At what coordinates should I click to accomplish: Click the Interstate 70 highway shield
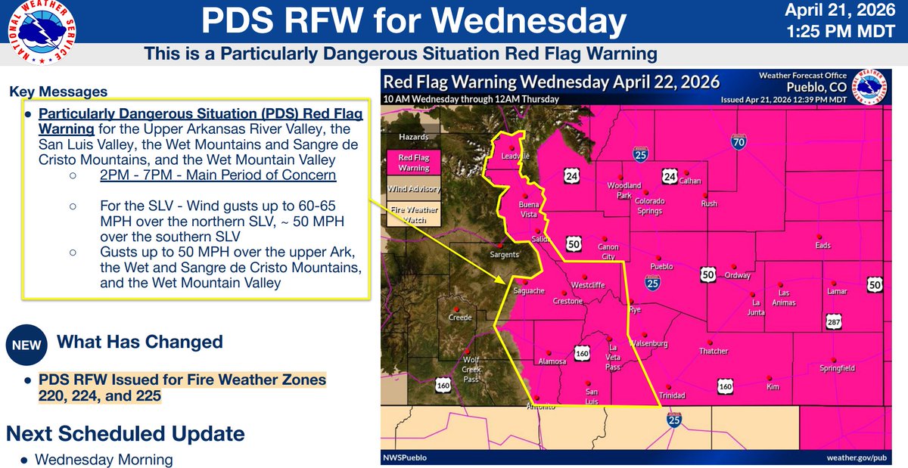pyautogui.click(x=739, y=141)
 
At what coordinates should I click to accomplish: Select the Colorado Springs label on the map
pyautogui.click(x=649, y=206)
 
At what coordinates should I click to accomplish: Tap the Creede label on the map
pyautogui.click(x=460, y=318)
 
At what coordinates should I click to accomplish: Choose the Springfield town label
pyautogui.click(x=837, y=368)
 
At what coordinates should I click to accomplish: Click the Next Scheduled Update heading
pyautogui.click(x=125, y=434)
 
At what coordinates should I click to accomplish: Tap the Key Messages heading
pyautogui.click(x=58, y=92)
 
